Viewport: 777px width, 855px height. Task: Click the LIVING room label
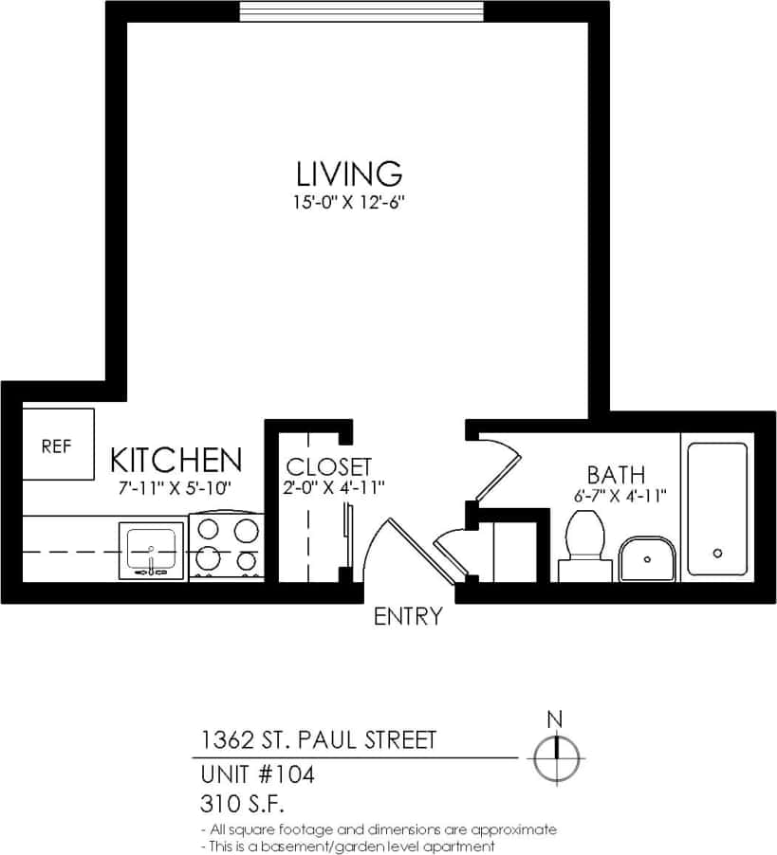coord(349,174)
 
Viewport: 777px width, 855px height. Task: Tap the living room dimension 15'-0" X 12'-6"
coord(349,202)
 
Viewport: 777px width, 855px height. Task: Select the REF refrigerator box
coord(57,445)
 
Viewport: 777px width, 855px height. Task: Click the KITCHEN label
coord(176,461)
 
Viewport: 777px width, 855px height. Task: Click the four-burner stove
coord(226,548)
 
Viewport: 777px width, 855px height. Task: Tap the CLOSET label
coord(329,466)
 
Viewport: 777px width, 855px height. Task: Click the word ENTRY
coord(408,617)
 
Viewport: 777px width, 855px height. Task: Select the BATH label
coord(616,474)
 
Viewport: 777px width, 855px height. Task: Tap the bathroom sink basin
coord(647,558)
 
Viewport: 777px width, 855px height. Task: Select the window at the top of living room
coord(361,10)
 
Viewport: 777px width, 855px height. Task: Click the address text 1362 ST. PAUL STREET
coord(318,739)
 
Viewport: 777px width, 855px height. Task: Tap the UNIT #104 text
coord(257,774)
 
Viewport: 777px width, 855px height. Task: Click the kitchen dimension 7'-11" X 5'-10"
coord(176,487)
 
